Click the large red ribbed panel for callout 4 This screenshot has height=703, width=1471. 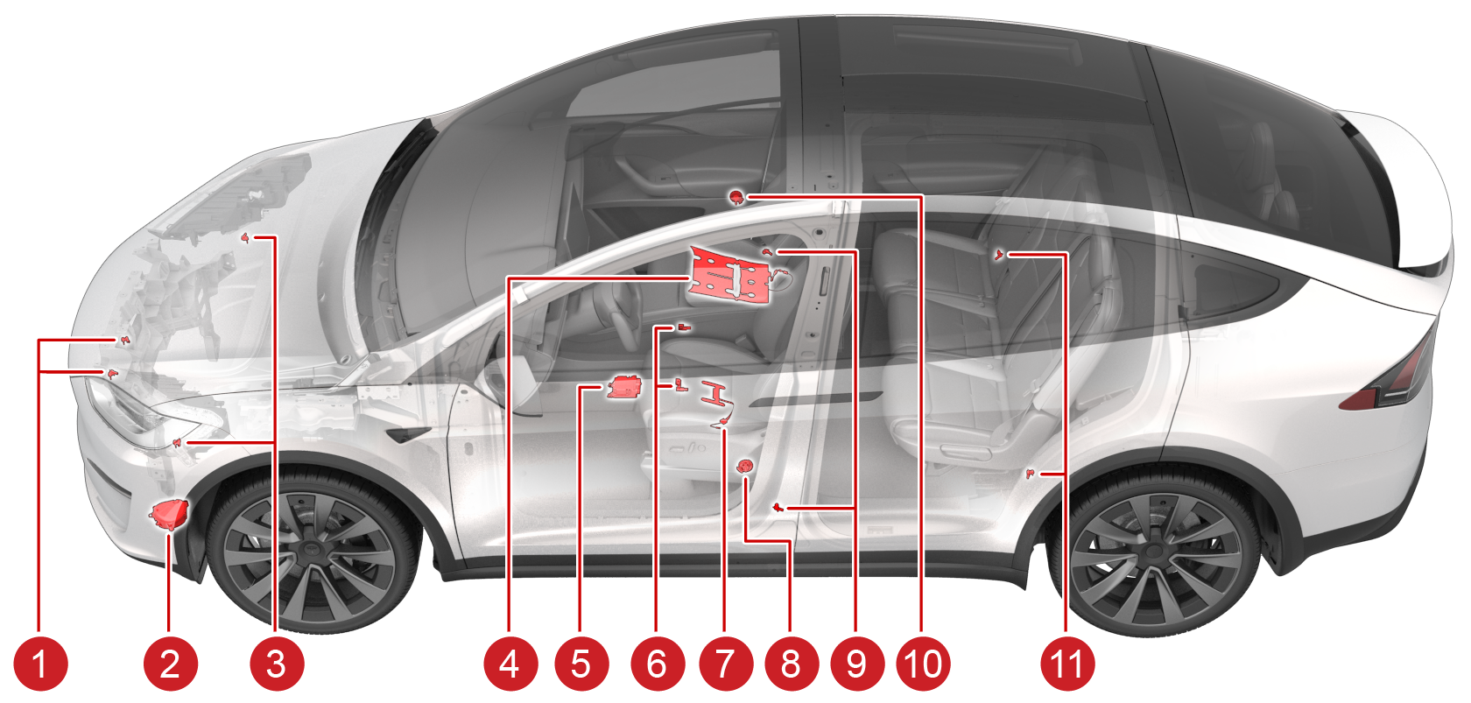[730, 276]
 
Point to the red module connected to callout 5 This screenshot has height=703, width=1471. [623, 387]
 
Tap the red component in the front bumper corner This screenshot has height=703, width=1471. [170, 514]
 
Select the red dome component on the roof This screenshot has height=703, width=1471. [737, 196]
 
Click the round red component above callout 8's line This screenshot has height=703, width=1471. [744, 466]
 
